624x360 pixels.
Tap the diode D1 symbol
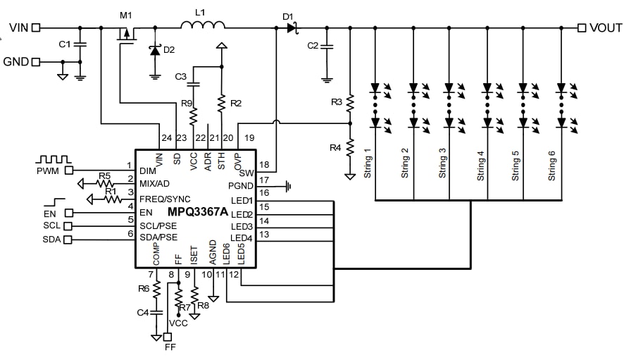pyautogui.click(x=289, y=28)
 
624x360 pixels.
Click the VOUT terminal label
pyautogui.click(x=605, y=28)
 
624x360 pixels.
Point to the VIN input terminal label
pyautogui.click(x=19, y=28)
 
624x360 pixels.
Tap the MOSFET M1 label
pyautogui.click(x=125, y=15)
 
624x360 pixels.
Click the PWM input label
pyautogui.click(x=49, y=170)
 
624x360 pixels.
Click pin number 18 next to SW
pyautogui.click(x=265, y=164)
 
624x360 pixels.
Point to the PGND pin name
pyautogui.click(x=241, y=185)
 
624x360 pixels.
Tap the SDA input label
pyautogui.click(x=51, y=240)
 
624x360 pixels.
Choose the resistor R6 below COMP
pyautogui.click(x=156, y=289)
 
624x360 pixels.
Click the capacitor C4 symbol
pyautogui.click(x=156, y=311)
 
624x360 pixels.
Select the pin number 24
pyautogui.click(x=166, y=137)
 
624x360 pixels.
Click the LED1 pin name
pyautogui.click(x=242, y=201)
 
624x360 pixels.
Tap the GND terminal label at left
pyautogui.click(x=16, y=61)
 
